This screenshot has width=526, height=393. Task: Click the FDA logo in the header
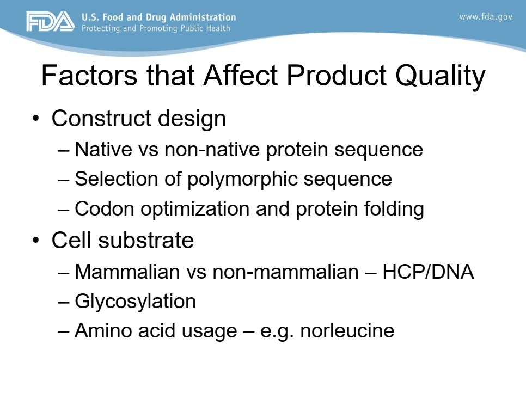click(x=51, y=22)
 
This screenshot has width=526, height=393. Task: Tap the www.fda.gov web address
click(x=486, y=17)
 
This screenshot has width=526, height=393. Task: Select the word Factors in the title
click(x=89, y=76)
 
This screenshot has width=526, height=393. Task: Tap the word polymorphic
click(x=242, y=180)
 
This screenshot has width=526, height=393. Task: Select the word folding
click(x=394, y=210)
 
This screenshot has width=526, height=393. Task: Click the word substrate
click(x=146, y=241)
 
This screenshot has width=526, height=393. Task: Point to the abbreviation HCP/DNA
click(x=428, y=272)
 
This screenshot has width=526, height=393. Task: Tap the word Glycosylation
click(x=135, y=302)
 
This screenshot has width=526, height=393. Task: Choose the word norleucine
click(x=347, y=330)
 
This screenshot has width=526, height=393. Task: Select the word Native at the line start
click(x=103, y=149)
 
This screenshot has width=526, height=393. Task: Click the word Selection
click(x=117, y=179)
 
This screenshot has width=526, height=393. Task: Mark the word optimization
click(x=195, y=209)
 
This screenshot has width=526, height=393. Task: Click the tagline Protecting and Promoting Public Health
click(x=156, y=28)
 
